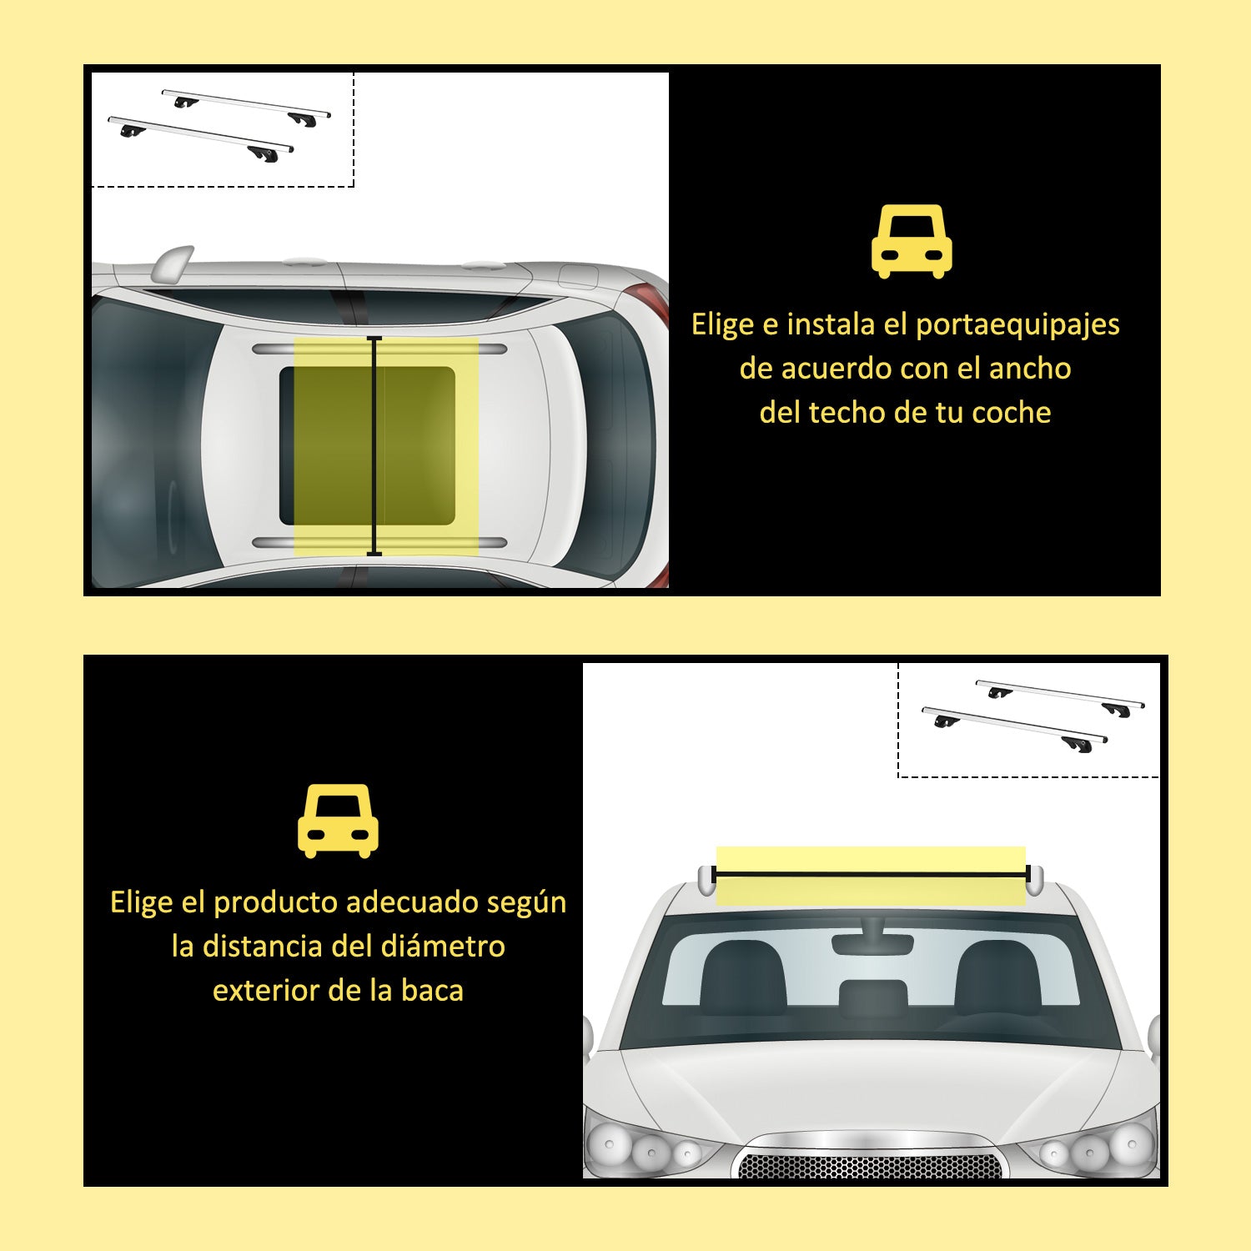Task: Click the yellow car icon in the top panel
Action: coord(912,241)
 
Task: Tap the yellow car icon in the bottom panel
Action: coord(338,821)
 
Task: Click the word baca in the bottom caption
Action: coord(432,991)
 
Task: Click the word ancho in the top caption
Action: coord(1030,369)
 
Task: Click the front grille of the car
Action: coord(870,1165)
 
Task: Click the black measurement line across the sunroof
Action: coord(374,446)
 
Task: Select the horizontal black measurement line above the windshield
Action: coord(871,874)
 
